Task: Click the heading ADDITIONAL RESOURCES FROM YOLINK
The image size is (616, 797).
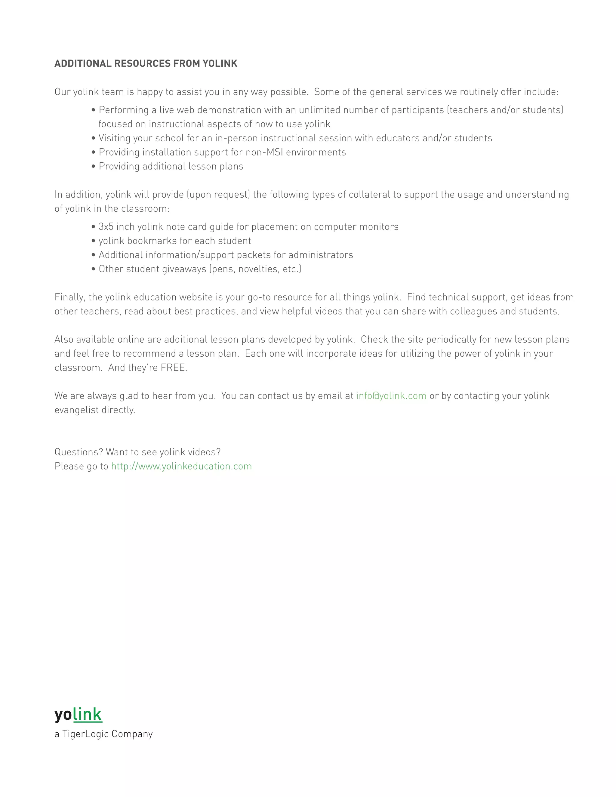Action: pos(146,63)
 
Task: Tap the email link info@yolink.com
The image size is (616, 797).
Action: pos(391,396)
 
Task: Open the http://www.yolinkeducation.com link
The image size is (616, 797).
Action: pos(181,466)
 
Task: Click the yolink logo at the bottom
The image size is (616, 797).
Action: pos(78,715)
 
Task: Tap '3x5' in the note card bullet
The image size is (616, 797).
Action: pos(106,227)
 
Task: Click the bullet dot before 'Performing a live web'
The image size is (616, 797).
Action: pos(94,110)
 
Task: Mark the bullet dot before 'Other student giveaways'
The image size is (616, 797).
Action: pos(94,269)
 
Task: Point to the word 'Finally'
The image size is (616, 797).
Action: pos(70,297)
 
